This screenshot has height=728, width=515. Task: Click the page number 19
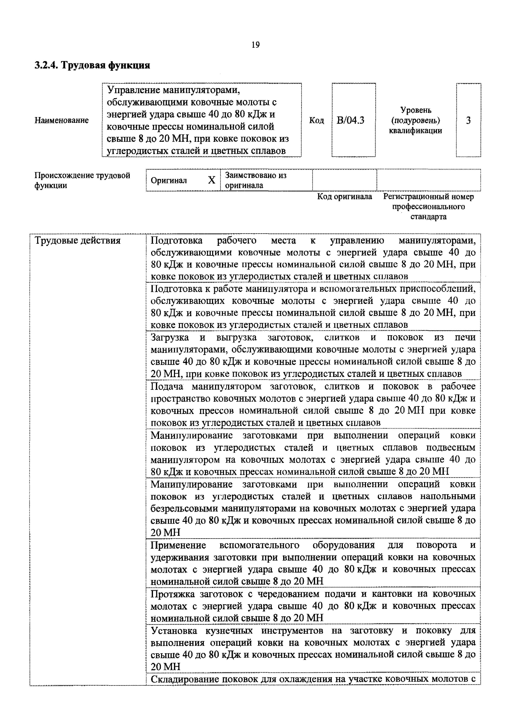click(255, 45)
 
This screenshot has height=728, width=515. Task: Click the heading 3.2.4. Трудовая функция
click(92, 65)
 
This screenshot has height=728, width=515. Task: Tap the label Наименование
click(61, 120)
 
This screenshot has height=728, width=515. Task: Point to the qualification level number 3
click(468, 120)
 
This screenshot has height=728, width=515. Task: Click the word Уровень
click(415, 110)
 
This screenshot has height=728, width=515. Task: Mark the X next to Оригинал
click(212, 180)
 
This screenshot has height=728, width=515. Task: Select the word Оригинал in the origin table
click(169, 180)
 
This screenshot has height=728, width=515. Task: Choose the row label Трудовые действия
click(78, 241)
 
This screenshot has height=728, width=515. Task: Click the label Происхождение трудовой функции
click(82, 180)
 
